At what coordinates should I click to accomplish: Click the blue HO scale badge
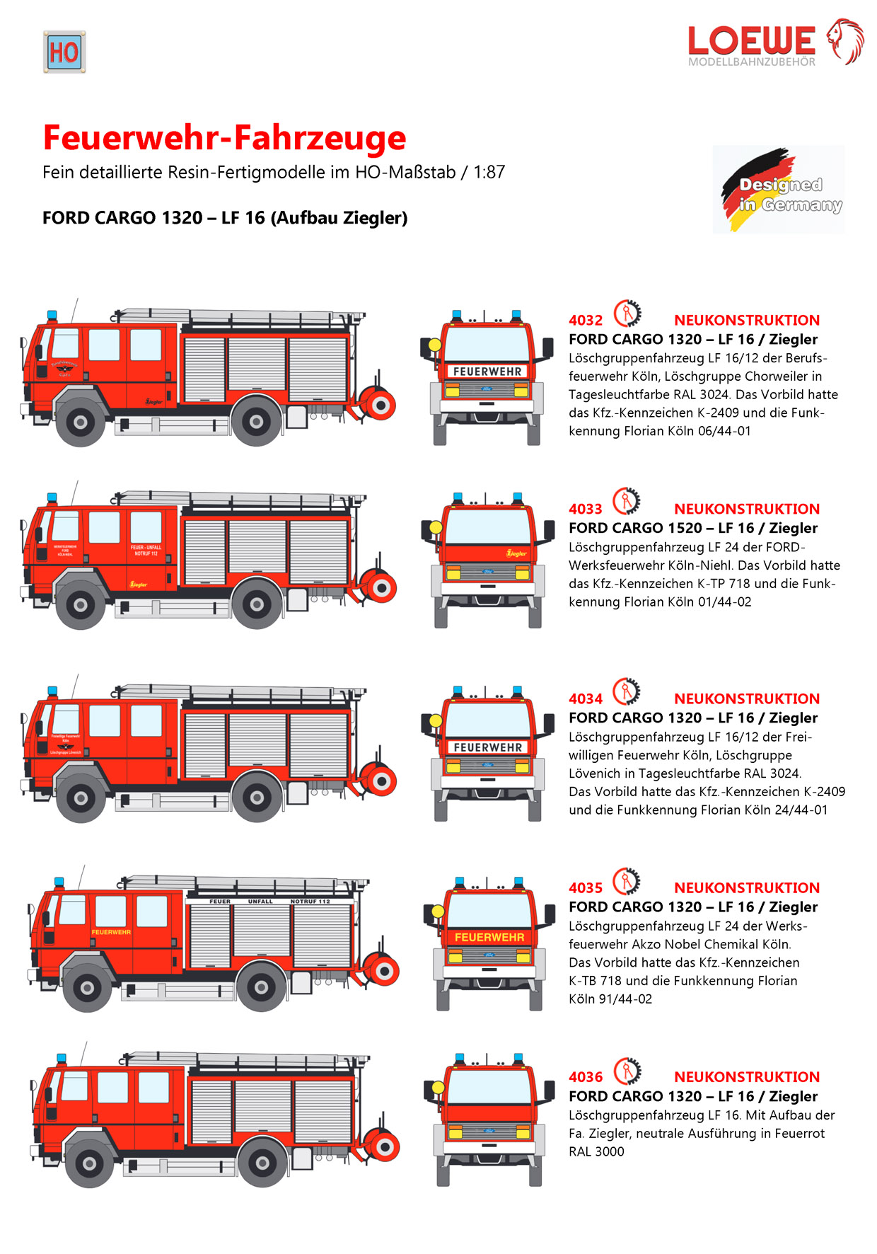(64, 52)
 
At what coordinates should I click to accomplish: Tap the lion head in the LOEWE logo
(846, 41)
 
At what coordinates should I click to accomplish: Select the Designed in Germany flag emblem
(779, 190)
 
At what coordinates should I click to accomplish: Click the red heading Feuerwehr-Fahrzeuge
(224, 137)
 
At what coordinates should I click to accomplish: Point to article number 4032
(586, 321)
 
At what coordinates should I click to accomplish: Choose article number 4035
(586, 888)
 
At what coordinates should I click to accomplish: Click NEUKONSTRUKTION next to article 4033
(746, 509)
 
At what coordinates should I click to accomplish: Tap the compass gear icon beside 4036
(627, 1071)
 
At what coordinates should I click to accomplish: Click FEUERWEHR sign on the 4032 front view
(487, 372)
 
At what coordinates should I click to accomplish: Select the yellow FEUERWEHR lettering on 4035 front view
(489, 937)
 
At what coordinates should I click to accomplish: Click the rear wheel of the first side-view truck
(256, 422)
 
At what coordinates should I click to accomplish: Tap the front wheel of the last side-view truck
(90, 1163)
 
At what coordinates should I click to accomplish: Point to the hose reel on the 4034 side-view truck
(380, 781)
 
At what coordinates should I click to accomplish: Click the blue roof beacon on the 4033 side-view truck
(52, 498)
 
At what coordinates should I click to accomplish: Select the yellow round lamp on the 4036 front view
(438, 1088)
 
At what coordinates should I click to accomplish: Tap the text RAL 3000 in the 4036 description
(596, 1151)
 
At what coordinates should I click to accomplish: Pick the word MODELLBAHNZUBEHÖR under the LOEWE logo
(751, 62)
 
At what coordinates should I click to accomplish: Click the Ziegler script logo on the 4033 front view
(516, 553)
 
